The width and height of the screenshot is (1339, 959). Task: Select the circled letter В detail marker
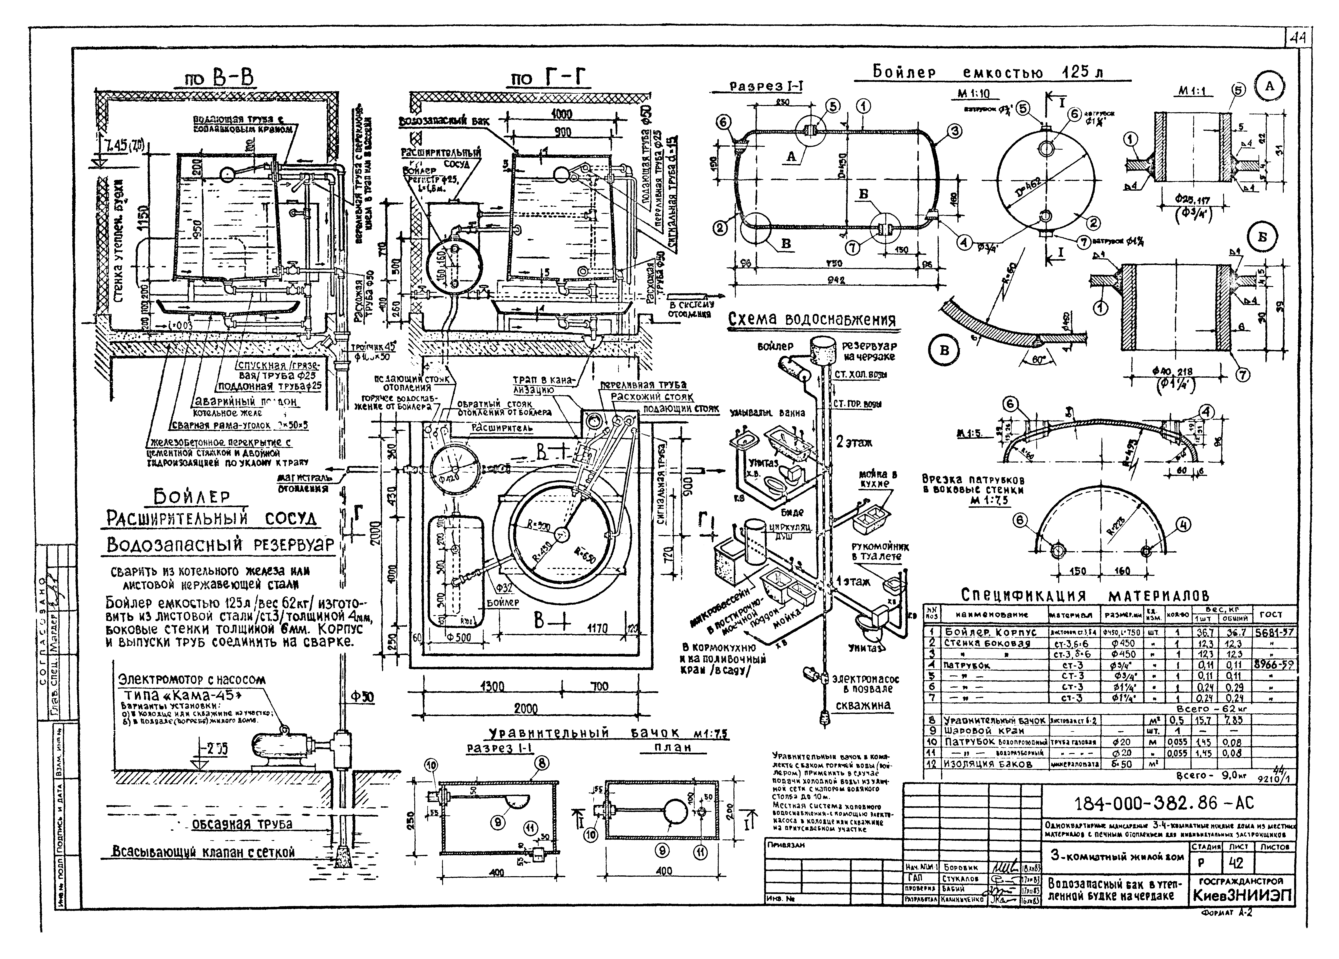tap(943, 351)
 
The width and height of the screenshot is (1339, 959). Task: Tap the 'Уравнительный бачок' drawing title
tap(608, 734)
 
